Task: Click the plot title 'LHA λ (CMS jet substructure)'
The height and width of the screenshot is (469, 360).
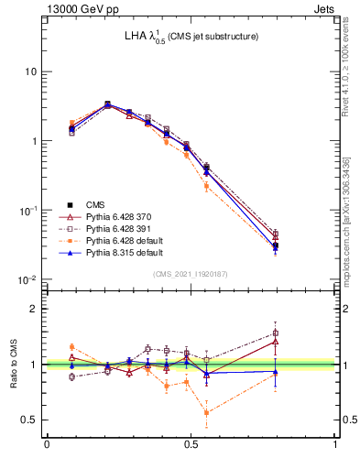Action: [x=191, y=38]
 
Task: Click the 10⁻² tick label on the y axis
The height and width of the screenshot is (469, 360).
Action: [x=28, y=279]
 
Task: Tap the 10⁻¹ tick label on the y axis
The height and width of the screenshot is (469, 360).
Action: [x=28, y=210]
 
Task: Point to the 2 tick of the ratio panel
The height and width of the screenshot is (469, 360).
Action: [x=36, y=309]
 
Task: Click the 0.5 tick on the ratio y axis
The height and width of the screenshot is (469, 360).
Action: [x=32, y=420]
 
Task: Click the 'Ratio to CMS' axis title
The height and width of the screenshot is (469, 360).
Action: [x=15, y=365]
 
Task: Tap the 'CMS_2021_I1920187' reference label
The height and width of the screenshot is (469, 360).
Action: [x=191, y=273]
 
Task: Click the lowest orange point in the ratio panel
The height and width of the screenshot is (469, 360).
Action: [x=206, y=412]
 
